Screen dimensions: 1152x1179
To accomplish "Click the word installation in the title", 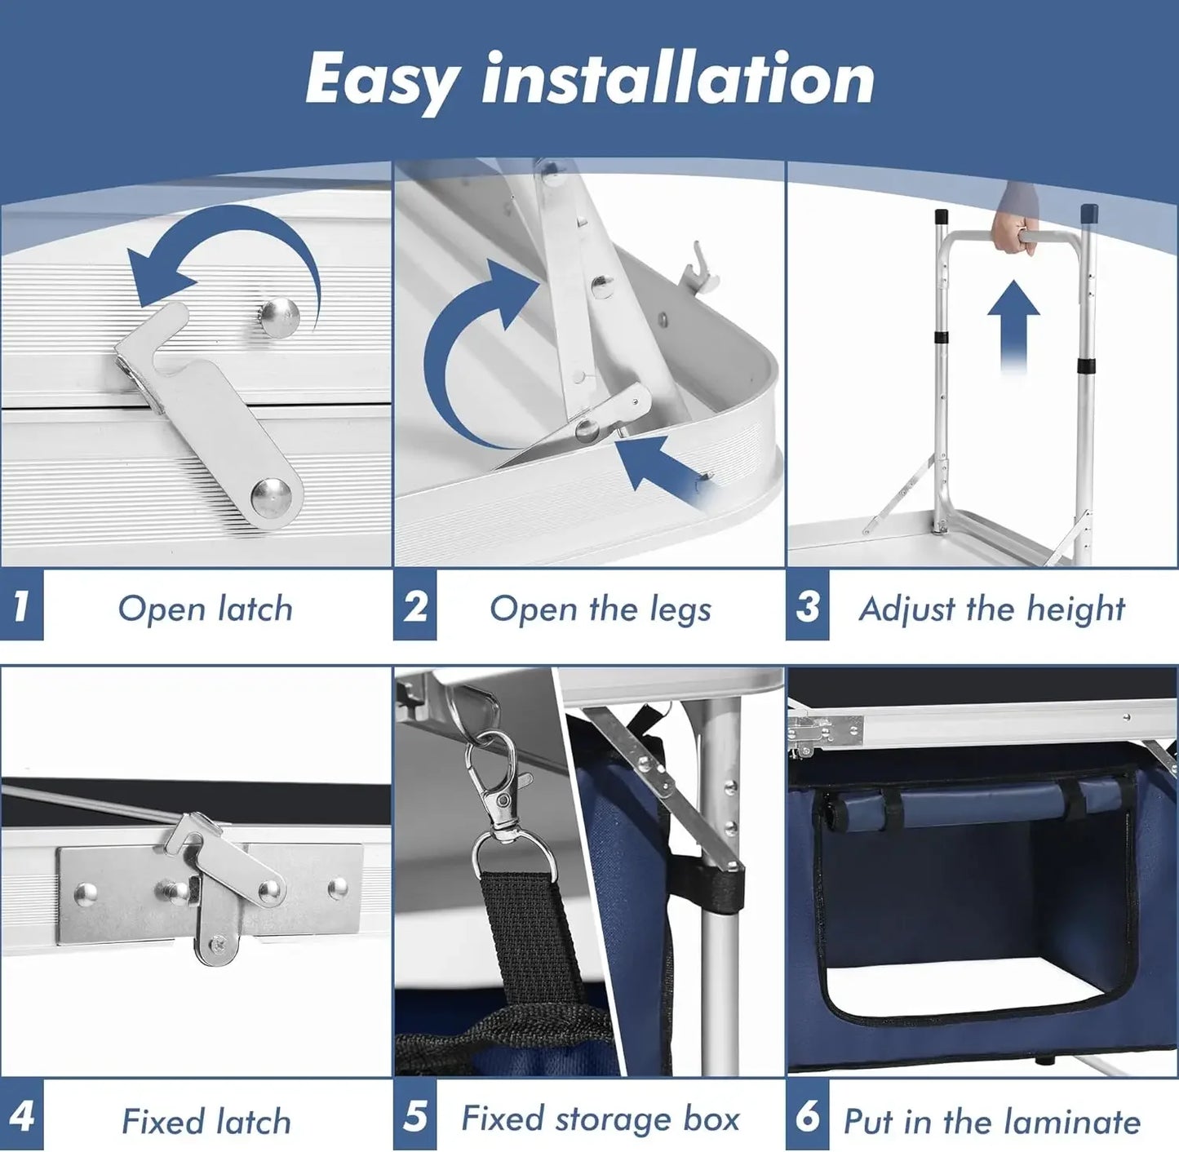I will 678,79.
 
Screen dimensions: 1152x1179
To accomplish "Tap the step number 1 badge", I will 21,606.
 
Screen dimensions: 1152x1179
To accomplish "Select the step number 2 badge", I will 415,606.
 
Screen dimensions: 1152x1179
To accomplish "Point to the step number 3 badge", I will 808,606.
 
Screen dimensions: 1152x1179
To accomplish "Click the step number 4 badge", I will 21,1115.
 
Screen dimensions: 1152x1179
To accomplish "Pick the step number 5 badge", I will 415,1115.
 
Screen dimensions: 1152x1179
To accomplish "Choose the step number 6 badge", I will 808,1115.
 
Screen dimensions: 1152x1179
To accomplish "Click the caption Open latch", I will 205,609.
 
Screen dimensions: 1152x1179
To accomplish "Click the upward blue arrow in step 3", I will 1013,322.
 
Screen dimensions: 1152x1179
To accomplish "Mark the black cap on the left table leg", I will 941,218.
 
